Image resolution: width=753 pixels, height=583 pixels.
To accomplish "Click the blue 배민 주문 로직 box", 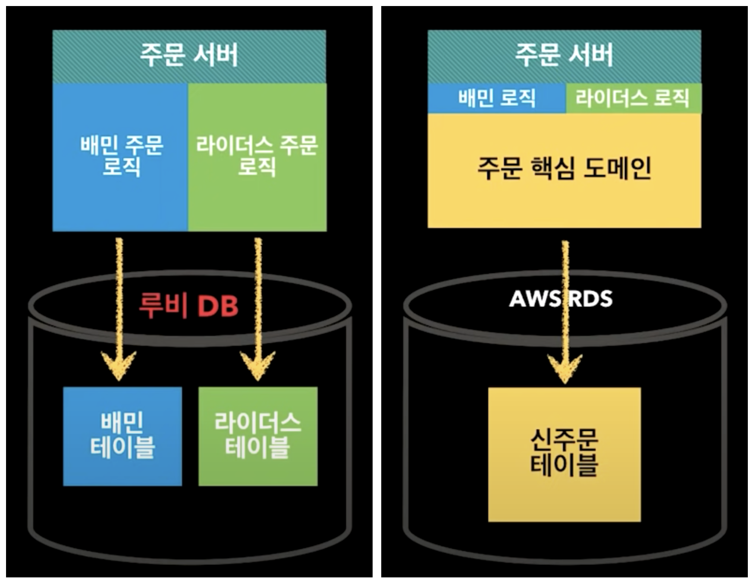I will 120,157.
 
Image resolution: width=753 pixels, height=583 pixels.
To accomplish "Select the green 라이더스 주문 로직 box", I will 257,157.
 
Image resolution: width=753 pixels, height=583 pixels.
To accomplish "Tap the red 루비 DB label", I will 188,306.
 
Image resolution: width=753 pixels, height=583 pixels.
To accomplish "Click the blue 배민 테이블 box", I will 122,436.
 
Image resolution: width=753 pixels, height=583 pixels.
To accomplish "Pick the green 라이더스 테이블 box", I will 258,436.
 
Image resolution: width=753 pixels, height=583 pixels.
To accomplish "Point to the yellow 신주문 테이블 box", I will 564,454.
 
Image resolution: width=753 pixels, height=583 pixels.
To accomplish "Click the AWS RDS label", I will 561,299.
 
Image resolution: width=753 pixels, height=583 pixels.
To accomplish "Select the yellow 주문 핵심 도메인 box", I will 564,170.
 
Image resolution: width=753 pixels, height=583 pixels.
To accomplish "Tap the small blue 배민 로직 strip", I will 496,98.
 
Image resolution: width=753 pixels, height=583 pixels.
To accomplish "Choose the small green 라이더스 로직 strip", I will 633,98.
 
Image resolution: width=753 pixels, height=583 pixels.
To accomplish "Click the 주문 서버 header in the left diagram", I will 189,56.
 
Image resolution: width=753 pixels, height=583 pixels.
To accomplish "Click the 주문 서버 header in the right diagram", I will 564,56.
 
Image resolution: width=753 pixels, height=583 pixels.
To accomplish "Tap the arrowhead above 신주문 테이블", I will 565,369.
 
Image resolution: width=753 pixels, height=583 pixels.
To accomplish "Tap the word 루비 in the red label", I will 163,306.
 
